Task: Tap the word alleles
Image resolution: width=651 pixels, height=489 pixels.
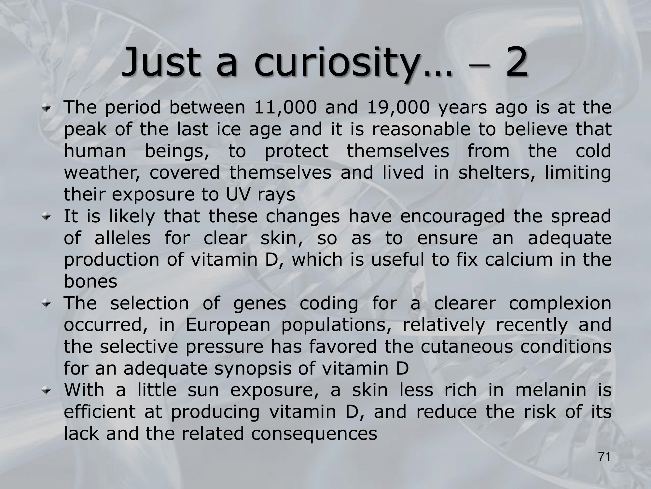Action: [123, 238]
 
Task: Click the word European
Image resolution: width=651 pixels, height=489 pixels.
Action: [228, 325]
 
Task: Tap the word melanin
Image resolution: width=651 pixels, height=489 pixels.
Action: [551, 390]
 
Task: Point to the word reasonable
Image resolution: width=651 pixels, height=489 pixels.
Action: [421, 129]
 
